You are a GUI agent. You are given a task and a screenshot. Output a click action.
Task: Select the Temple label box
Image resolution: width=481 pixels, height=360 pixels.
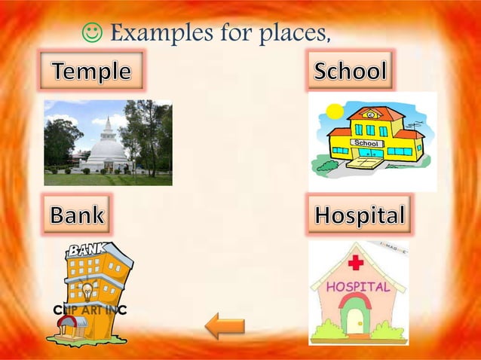tap(90, 72)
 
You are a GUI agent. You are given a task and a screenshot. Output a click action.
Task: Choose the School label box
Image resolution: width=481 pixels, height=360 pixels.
tap(351, 72)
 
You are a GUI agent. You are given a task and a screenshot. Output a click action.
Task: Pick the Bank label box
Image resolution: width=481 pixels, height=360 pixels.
tap(76, 215)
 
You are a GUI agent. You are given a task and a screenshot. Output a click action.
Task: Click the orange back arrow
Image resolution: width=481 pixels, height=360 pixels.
tap(225, 326)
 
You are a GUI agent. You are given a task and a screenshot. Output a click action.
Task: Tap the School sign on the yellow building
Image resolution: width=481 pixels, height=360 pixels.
tap(366, 142)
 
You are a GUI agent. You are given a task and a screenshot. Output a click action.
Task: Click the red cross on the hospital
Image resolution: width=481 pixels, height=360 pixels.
tap(356, 264)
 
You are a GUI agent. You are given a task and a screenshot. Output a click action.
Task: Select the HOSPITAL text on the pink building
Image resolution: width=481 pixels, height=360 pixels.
tap(358, 287)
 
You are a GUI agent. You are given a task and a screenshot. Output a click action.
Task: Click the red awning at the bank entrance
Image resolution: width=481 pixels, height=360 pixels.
tap(69, 322)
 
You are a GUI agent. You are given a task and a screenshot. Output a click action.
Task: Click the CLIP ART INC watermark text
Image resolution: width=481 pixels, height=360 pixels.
tap(89, 310)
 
